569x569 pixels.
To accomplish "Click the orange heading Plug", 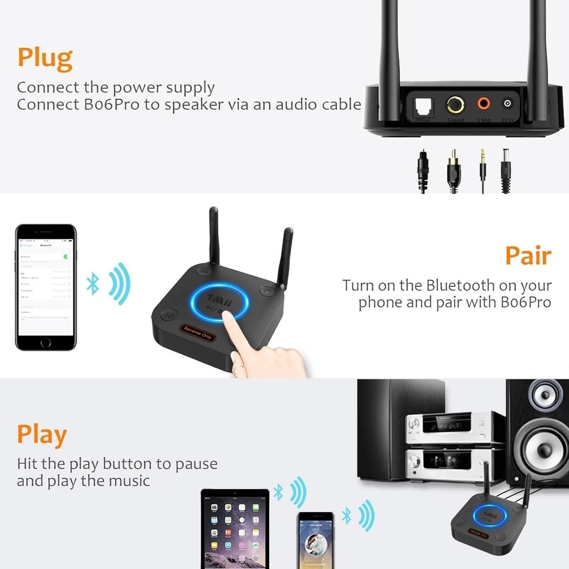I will click(45, 58).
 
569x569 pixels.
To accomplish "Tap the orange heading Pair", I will click(527, 256).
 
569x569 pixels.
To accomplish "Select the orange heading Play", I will click(42, 435).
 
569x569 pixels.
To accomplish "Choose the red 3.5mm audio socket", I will click(484, 104).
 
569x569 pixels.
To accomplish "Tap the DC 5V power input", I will click(508, 104).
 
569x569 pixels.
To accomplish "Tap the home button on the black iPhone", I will click(46, 343).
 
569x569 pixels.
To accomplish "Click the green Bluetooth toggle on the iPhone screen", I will click(68, 257).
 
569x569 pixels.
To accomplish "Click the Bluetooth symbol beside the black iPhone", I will click(93, 283).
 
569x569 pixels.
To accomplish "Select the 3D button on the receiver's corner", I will click(167, 314).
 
